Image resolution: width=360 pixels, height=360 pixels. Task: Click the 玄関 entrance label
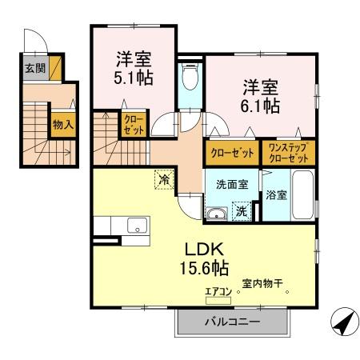tap(34, 69)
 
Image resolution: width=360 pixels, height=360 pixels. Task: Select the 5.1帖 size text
tap(134, 78)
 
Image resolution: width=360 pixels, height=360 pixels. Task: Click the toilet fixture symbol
tap(190, 78)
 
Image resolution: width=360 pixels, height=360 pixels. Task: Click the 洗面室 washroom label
tap(232, 184)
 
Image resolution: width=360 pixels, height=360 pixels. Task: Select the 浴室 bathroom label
tap(277, 194)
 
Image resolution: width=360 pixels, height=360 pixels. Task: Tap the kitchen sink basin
tap(136, 226)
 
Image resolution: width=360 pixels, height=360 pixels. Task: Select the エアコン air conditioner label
tap(218, 291)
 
